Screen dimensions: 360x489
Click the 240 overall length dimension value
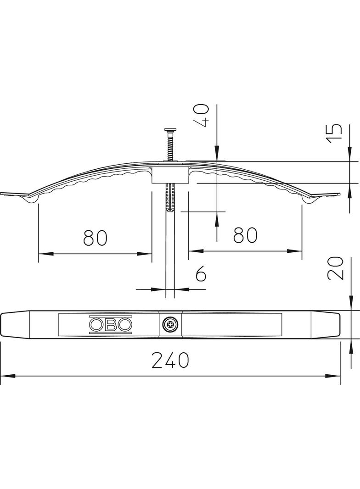click(x=170, y=361)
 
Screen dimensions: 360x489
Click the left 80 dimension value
click(x=95, y=237)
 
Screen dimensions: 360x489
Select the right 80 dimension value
click(x=245, y=235)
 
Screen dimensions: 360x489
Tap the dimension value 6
click(x=201, y=274)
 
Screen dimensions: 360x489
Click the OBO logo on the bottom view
click(x=111, y=325)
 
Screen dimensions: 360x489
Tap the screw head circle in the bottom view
click(x=170, y=325)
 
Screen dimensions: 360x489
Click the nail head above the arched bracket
click(x=170, y=130)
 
